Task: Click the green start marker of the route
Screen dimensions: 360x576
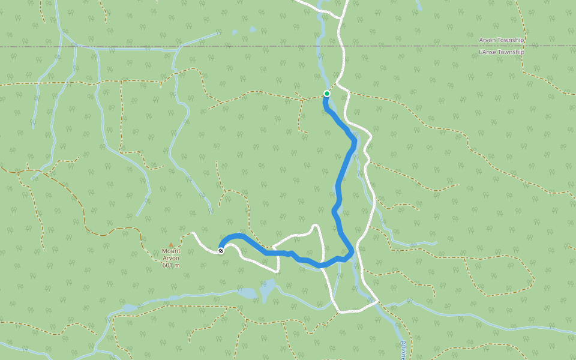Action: tap(326, 94)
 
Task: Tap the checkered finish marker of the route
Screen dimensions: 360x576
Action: tap(221, 251)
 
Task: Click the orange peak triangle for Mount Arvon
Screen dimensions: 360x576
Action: tap(171, 245)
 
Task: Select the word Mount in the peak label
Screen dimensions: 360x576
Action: tap(171, 251)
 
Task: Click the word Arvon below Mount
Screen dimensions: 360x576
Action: tap(171, 259)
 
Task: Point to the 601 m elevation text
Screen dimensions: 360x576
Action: tap(171, 265)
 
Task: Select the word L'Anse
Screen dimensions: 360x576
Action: tap(487, 52)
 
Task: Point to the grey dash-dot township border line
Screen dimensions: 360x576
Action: tap(420, 46)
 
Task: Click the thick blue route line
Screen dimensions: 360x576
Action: tap(340, 180)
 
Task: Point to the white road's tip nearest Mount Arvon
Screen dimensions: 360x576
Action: tap(193, 233)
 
